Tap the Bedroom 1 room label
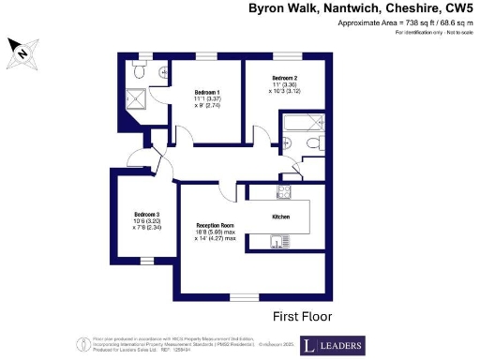(207, 92)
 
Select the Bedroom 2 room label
(285, 78)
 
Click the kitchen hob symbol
(283, 193)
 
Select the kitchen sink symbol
(277, 245)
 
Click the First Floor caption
(301, 316)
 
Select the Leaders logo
(332, 345)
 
